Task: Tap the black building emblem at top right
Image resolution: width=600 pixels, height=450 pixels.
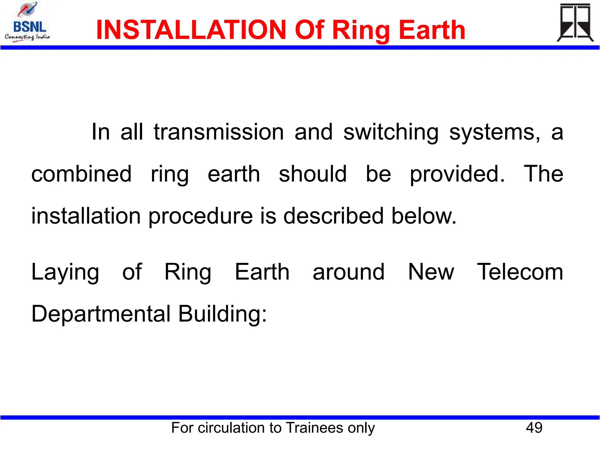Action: (575, 23)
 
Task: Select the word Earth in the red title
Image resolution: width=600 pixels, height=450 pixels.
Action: (432, 30)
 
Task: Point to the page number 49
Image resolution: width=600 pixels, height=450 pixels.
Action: (534, 427)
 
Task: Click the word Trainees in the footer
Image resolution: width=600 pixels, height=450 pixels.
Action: (315, 427)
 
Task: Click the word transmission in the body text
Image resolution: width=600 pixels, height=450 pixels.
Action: (219, 132)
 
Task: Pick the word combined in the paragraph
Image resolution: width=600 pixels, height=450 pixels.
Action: (81, 174)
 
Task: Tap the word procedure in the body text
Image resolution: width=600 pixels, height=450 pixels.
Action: (200, 216)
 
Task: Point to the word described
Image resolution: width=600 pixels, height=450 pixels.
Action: (333, 216)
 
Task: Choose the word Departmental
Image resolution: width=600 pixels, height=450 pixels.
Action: (101, 314)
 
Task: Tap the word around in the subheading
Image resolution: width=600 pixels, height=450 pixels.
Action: (348, 272)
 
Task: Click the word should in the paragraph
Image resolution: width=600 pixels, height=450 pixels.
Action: (313, 174)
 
